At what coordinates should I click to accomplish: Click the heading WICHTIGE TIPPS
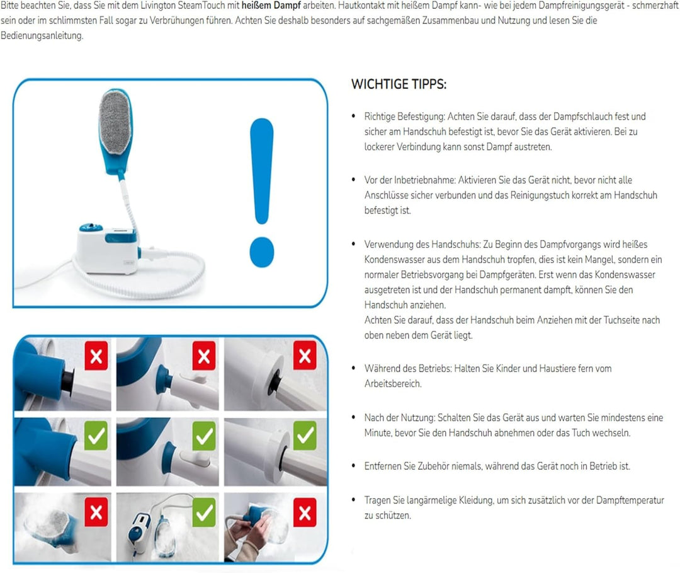pos(398,84)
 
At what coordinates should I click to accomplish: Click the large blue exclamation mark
pos(261,189)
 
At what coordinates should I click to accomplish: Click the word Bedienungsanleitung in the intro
pos(41,36)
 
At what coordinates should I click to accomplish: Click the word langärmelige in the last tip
pos(428,500)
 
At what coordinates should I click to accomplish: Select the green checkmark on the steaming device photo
pos(203,512)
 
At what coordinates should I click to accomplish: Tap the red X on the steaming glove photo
pos(96,512)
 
